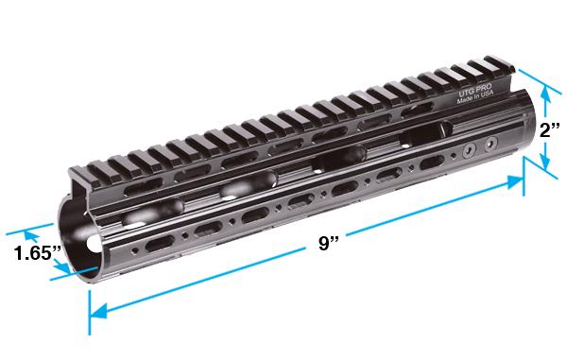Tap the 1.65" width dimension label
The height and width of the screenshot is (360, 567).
[x=39, y=254]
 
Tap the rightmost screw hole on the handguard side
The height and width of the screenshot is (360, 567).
[x=490, y=144]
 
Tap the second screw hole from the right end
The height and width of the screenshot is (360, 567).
[x=470, y=151]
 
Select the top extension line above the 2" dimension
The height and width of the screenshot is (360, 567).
[x=535, y=77]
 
